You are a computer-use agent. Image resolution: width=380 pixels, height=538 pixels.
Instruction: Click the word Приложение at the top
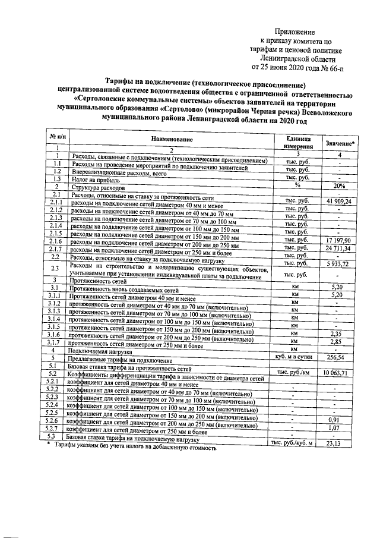pyautogui.click(x=294, y=32)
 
